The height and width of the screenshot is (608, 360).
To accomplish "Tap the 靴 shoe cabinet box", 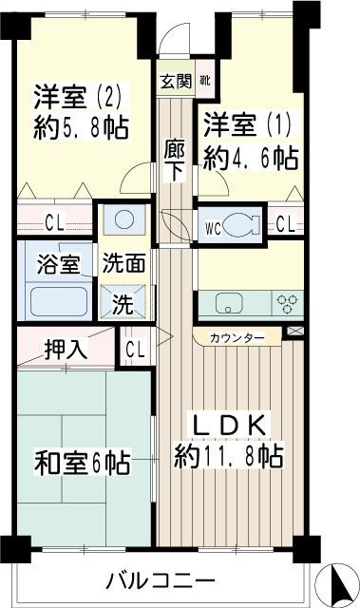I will (204, 81).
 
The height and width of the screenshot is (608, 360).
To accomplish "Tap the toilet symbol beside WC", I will (240, 225).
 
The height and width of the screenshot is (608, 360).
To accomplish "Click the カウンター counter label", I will (237, 337).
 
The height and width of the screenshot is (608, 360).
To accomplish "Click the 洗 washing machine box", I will (123, 306).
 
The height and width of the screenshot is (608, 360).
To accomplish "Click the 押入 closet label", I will (66, 349).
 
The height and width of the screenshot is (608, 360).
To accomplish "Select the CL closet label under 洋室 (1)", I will (284, 225).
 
